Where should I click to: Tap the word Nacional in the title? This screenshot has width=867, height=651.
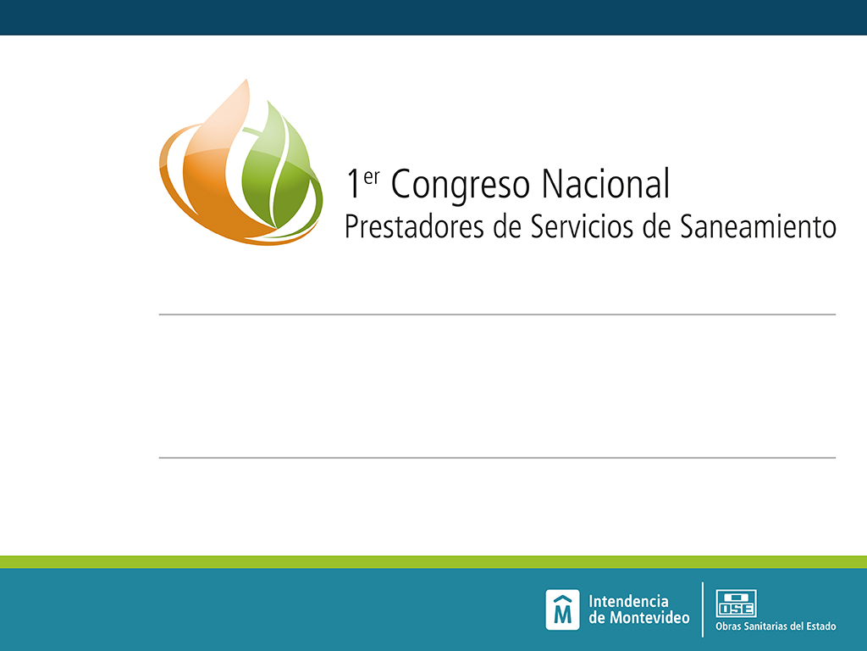[x=605, y=183]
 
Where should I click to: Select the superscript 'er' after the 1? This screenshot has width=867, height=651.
[x=372, y=177]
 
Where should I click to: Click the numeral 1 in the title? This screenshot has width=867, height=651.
[x=353, y=184]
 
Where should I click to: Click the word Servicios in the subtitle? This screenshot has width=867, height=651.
[x=582, y=226]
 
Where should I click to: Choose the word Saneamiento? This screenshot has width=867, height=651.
[x=758, y=226]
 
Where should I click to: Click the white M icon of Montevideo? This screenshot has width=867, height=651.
[x=562, y=609]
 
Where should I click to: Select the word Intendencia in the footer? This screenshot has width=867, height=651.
[x=628, y=601]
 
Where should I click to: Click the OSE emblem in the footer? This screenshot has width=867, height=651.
[x=736, y=604]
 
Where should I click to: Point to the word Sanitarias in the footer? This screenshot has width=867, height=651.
[x=765, y=626]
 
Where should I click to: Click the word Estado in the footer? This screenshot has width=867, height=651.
[x=820, y=626]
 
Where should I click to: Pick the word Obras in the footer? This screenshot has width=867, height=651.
[x=727, y=626]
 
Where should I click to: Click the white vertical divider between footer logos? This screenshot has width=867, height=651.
[x=703, y=609]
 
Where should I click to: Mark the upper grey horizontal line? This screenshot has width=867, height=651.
[x=497, y=314]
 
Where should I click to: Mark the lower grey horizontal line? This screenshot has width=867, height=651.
[x=497, y=458]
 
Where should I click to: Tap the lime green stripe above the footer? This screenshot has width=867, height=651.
[x=433, y=562]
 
